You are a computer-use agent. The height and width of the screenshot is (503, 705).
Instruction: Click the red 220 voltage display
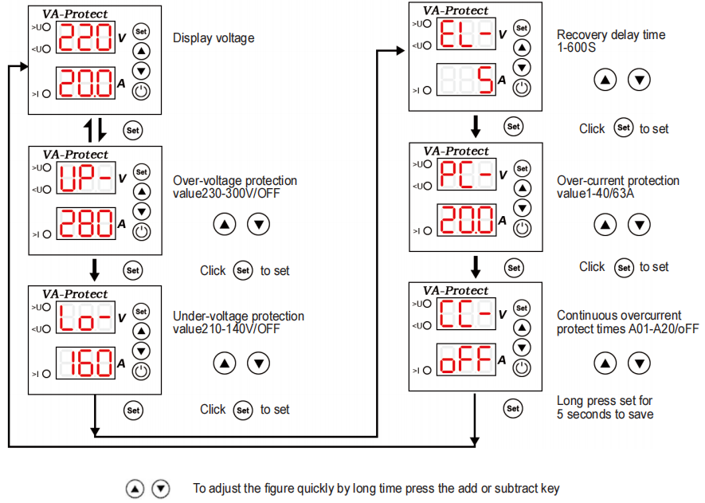click(85, 37)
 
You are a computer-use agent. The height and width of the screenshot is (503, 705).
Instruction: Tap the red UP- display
click(86, 178)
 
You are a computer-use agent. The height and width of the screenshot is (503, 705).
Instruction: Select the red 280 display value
click(86, 223)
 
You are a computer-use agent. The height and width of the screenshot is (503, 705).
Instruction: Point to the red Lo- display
click(85, 317)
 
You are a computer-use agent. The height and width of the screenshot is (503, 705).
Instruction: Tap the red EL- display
click(466, 33)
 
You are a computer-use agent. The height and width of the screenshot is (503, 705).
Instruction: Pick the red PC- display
click(467, 174)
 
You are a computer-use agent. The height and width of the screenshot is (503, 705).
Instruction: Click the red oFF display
click(466, 359)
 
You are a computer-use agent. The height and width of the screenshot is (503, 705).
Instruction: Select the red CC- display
click(466, 313)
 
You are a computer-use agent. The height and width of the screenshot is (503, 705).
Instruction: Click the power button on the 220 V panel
click(141, 92)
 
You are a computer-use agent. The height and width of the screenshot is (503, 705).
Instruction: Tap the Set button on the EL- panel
click(522, 28)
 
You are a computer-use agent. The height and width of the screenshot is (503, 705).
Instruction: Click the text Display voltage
click(213, 38)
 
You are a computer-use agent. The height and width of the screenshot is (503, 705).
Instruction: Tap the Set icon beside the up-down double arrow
click(133, 131)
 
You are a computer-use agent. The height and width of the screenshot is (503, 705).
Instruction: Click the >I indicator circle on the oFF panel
click(427, 371)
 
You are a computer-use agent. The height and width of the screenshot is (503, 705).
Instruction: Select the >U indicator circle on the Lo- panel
click(46, 307)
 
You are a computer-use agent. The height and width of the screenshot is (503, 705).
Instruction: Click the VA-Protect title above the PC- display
click(456, 151)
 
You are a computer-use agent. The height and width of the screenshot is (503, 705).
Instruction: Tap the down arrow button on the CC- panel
click(522, 348)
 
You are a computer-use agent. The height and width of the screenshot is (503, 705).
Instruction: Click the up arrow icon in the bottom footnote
click(135, 489)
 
